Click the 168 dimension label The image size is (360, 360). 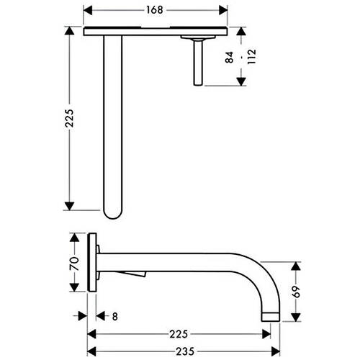tap(155, 10)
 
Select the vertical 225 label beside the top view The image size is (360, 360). tap(70, 118)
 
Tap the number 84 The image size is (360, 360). tap(229, 57)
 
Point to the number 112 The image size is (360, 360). tap(252, 57)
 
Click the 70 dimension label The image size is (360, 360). tap(74, 264)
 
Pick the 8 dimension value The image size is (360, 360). tap(115, 317)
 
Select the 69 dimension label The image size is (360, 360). tap(297, 292)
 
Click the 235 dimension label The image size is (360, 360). tap(185, 351)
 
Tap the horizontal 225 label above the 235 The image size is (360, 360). tap(179, 334)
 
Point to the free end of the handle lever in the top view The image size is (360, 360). tap(198, 84)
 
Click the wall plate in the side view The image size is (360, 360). tap(92, 262)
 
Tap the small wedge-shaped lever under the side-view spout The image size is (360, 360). tap(134, 274)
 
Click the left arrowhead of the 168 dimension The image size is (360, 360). tap(88, 10)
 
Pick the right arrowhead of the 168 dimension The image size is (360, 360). tap(223, 10)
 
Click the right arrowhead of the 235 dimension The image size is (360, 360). tap(276, 351)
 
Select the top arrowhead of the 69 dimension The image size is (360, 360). tap(296, 266)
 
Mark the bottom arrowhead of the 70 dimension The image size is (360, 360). tap(74, 287)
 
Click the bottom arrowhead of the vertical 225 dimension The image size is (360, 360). tap(69, 206)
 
